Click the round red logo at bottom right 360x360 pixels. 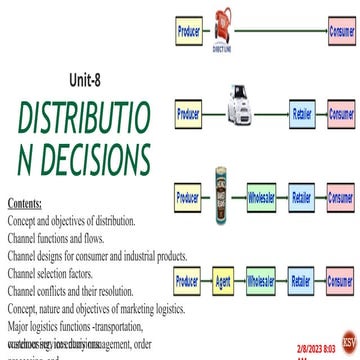[346, 338]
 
